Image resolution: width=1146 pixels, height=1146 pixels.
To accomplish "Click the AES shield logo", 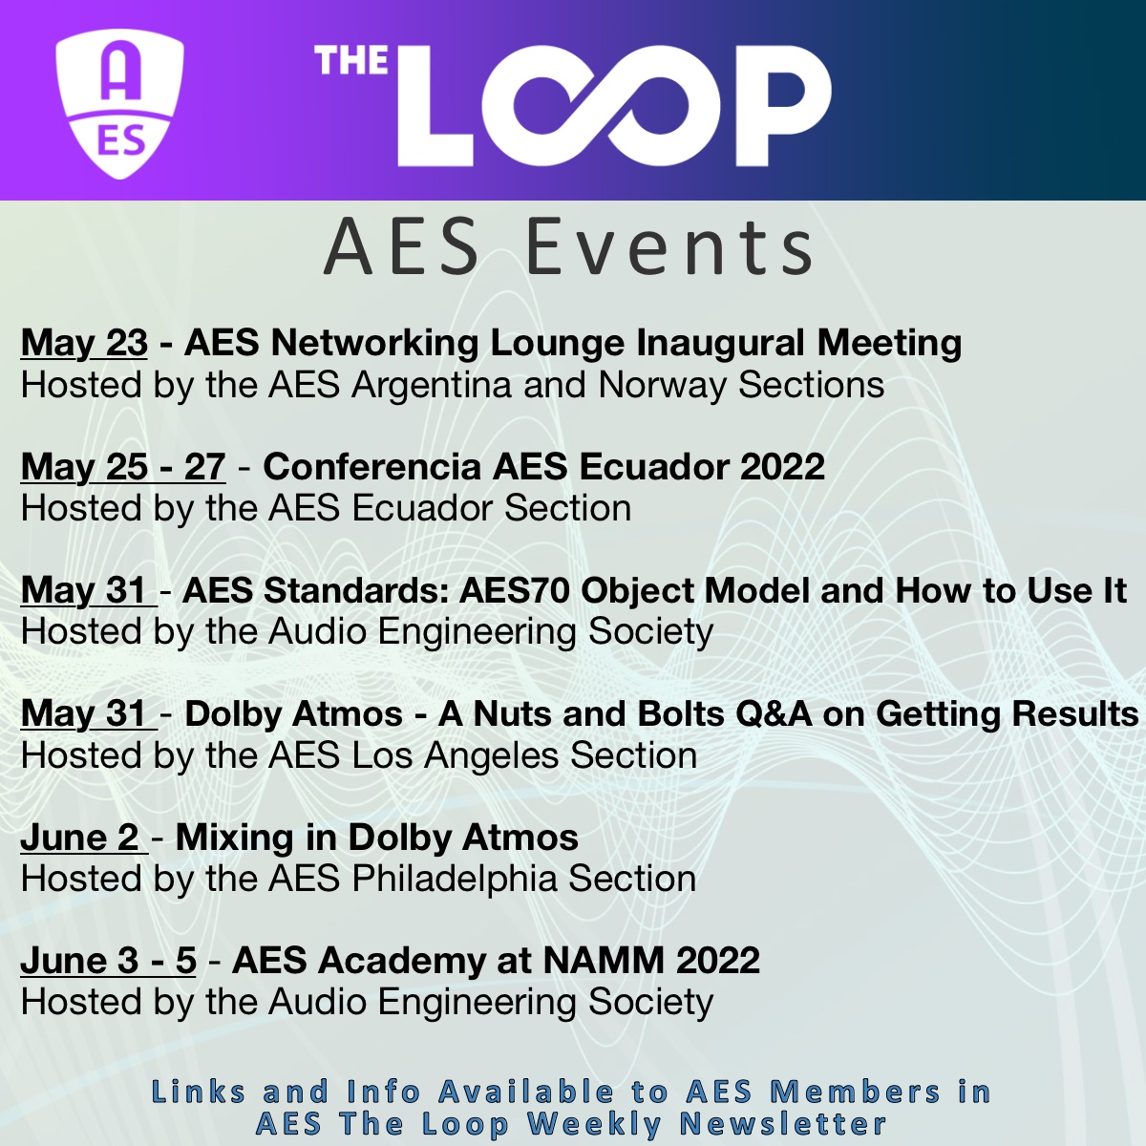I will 119,103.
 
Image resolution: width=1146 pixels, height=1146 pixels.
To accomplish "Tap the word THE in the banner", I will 351,61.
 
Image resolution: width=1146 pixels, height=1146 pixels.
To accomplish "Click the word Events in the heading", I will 669,247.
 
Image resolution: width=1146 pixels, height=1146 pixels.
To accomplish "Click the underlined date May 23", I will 84,343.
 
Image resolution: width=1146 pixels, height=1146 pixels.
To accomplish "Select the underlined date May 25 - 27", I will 122,466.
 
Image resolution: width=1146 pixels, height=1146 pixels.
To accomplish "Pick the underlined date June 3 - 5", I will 108,961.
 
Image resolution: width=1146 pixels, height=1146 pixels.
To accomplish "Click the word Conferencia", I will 371,466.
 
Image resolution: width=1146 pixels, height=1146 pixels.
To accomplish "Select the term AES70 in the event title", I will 515,590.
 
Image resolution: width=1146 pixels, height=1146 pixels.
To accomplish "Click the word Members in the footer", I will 855,1092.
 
